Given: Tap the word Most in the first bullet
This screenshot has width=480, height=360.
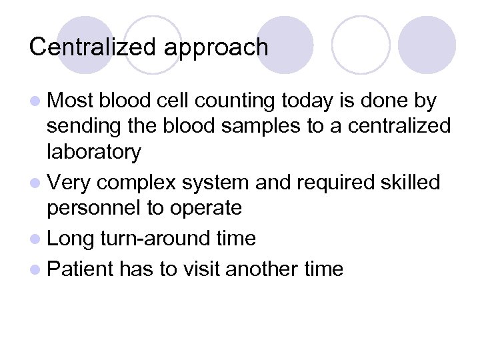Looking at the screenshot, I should click(x=71, y=101).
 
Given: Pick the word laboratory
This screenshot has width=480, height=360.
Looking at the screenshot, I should click(x=93, y=152).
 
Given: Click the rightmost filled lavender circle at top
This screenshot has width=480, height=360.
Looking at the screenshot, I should click(x=427, y=45).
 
